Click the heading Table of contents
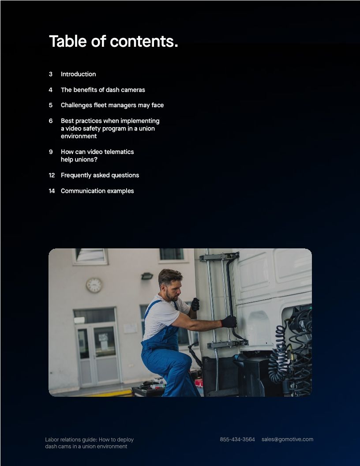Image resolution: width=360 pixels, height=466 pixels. click(x=113, y=41)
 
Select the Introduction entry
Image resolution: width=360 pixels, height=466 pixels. click(x=78, y=74)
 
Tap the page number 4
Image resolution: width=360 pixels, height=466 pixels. click(x=51, y=90)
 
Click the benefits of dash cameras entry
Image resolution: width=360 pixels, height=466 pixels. click(x=103, y=90)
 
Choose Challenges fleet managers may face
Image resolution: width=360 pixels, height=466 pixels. click(x=112, y=105)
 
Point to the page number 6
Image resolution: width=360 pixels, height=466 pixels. click(x=51, y=120)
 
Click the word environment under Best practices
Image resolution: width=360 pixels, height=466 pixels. click(x=79, y=136)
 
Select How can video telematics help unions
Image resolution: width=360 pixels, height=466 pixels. click(x=97, y=155)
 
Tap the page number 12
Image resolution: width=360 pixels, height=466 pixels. click(x=52, y=175)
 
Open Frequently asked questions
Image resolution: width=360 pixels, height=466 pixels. click(x=100, y=175)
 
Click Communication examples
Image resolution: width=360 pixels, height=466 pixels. click(x=97, y=191)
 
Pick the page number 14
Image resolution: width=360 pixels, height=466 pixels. click(x=52, y=191)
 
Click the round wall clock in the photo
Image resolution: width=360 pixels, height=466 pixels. click(x=94, y=285)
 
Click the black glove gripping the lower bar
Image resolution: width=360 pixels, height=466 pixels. click(x=229, y=321)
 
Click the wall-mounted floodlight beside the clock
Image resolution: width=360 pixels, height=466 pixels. click(x=147, y=276)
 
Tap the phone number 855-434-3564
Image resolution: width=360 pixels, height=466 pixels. click(x=237, y=439)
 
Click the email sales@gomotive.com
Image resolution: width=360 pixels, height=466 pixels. click(x=287, y=439)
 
